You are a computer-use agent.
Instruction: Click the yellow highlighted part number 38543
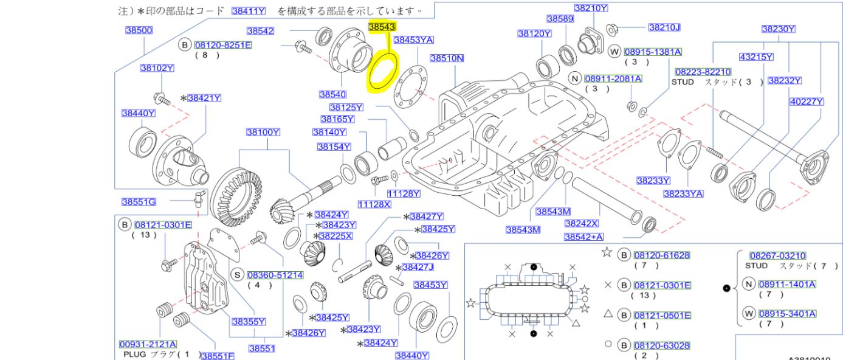tap(382, 27)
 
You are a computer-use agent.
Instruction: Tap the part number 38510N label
tap(447, 58)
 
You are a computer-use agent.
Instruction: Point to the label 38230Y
tap(779, 29)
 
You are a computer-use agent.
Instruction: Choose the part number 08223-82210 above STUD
tap(702, 72)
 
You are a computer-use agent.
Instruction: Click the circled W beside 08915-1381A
tap(614, 52)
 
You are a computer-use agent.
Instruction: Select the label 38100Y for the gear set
tap(263, 132)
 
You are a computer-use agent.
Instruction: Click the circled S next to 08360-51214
tap(238, 275)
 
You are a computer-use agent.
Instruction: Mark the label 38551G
tap(139, 202)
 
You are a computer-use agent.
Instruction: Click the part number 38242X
tap(582, 223)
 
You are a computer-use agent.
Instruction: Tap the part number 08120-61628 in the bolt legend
tap(661, 255)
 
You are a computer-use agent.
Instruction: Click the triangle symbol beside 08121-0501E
tap(607, 315)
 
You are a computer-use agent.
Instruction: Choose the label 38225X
tap(335, 235)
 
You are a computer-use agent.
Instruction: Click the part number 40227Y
tap(807, 103)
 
